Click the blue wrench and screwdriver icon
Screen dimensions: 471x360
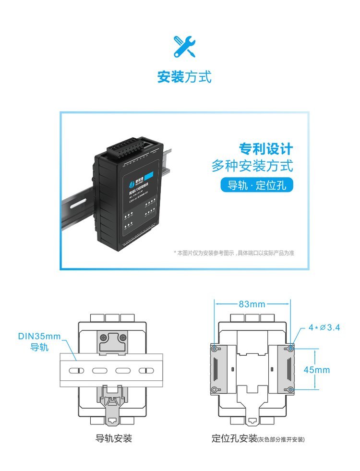point(184,47)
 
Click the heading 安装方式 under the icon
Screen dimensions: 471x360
point(184,77)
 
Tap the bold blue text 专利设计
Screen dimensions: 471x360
point(266,149)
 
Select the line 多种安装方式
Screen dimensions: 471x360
point(252,166)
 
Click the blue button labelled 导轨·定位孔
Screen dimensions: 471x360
point(256,185)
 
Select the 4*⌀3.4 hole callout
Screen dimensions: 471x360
point(324,327)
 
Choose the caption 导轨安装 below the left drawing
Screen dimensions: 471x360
point(114,438)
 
